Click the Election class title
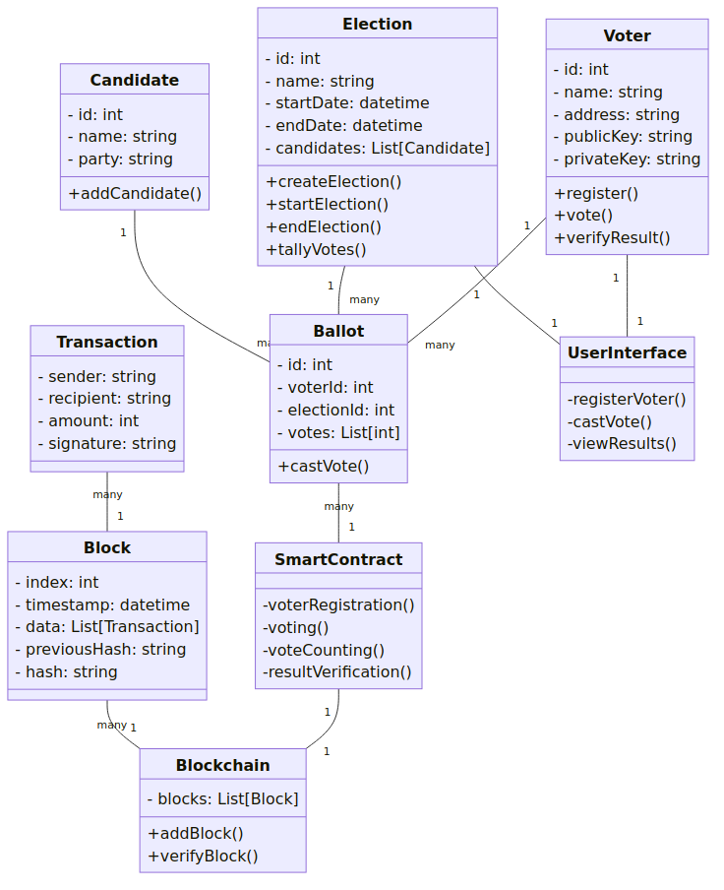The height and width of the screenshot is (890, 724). pyautogui.click(x=377, y=24)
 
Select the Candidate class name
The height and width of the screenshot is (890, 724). pyautogui.click(x=135, y=80)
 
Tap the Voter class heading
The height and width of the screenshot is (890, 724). pyautogui.click(x=627, y=35)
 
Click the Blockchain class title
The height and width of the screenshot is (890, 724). pyautogui.click(x=223, y=765)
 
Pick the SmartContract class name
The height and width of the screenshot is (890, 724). pyautogui.click(x=338, y=559)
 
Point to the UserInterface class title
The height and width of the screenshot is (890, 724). pyautogui.click(x=627, y=353)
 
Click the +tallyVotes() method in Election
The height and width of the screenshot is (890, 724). pyautogui.click(x=317, y=250)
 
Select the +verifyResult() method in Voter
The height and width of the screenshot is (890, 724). pyautogui.click(x=612, y=238)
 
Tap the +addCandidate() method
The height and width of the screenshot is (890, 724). pyautogui.click(x=135, y=194)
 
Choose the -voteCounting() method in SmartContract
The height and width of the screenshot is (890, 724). pyautogui.click(x=324, y=651)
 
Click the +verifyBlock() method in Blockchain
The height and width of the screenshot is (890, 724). pyautogui.click(x=203, y=856)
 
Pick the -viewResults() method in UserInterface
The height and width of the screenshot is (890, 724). pyautogui.click(x=622, y=444)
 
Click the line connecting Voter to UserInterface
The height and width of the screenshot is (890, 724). pyautogui.click(x=627, y=295)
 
